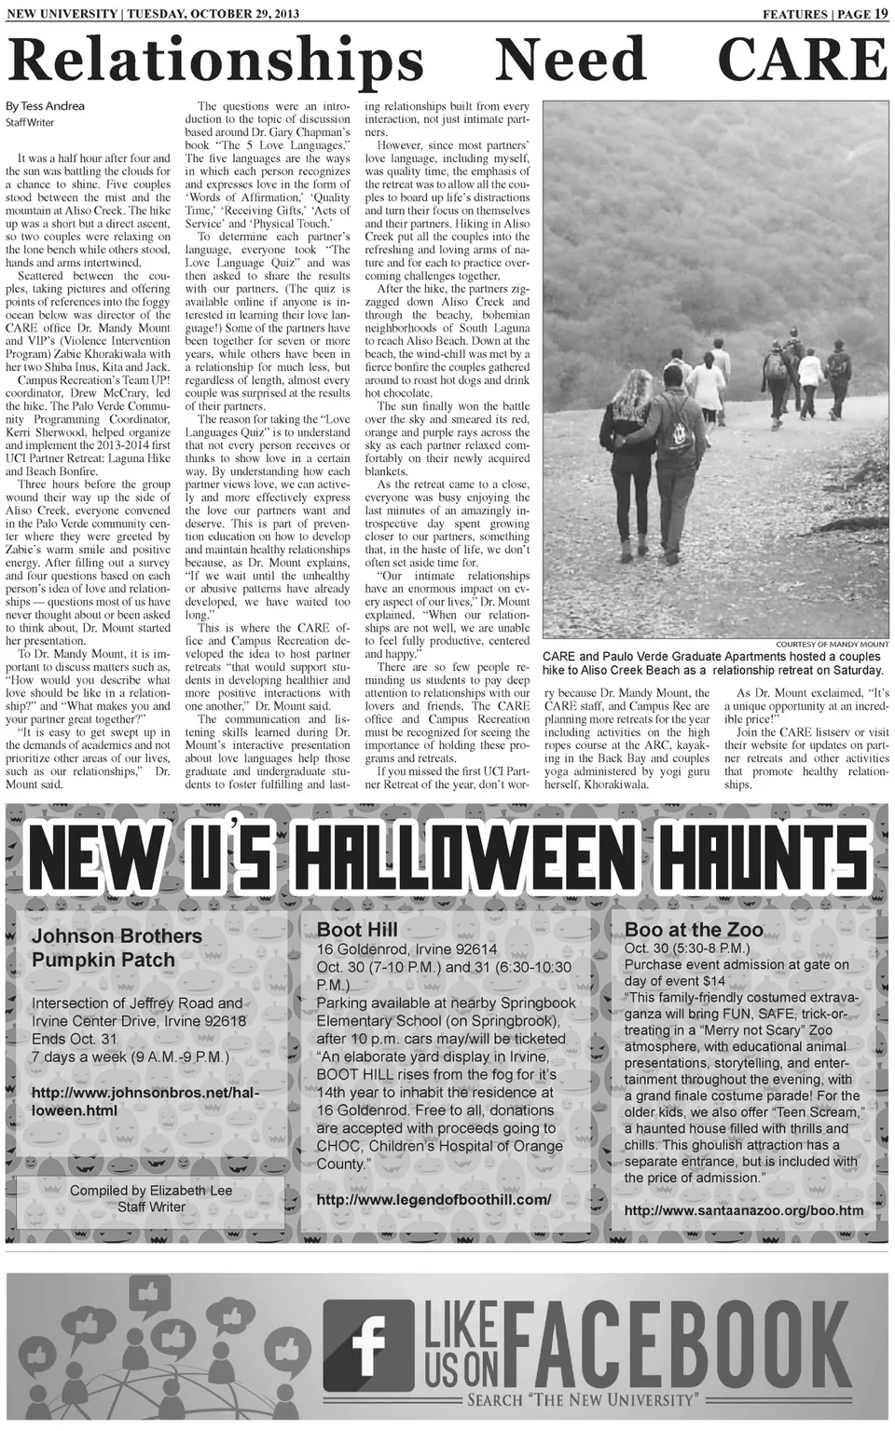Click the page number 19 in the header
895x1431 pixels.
click(x=881, y=13)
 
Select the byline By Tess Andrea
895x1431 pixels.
click(x=45, y=106)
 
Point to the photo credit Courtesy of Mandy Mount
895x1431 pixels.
click(x=832, y=644)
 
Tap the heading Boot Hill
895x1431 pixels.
click(x=357, y=929)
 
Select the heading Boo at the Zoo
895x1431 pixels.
click(x=694, y=929)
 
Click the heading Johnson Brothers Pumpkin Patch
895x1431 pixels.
click(x=117, y=947)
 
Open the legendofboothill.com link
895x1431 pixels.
click(x=434, y=1199)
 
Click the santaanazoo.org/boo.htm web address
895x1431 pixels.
click(x=744, y=1210)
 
